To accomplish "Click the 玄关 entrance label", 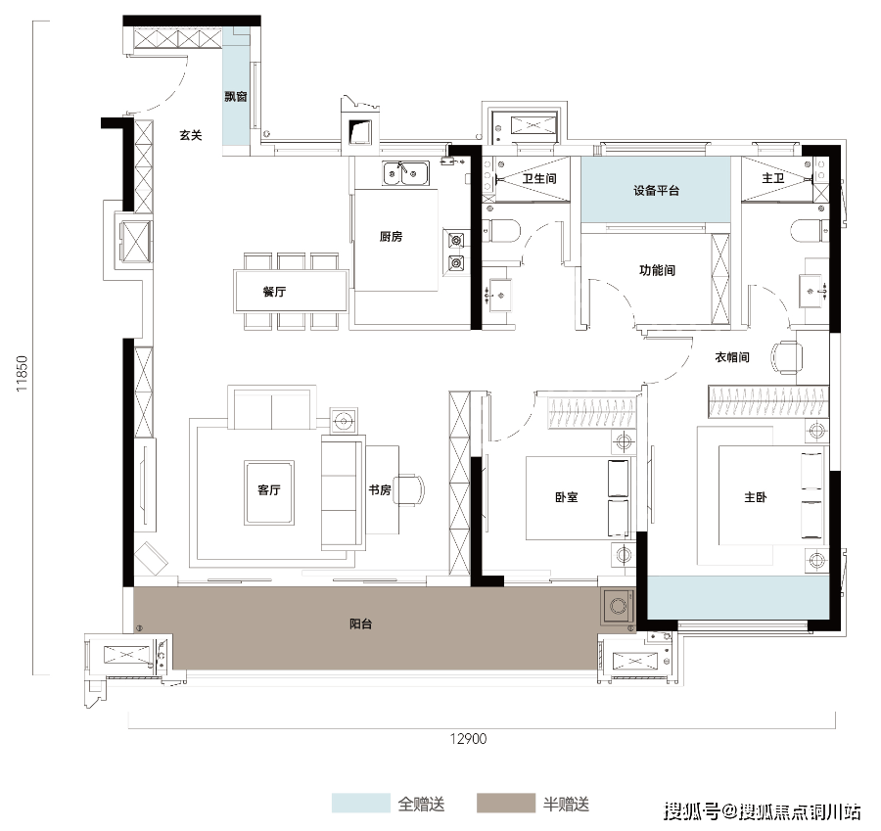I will click(x=190, y=136).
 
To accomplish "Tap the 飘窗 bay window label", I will click(x=235, y=96).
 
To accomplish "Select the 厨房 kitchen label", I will click(x=392, y=236).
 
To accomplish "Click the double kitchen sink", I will click(x=403, y=173).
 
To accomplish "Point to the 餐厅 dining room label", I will click(x=274, y=292).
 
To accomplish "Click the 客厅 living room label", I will click(x=269, y=490).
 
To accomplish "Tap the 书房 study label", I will click(x=380, y=490).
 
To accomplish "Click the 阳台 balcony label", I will click(x=361, y=623).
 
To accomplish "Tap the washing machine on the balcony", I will click(x=618, y=606).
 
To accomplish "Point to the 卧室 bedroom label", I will click(x=566, y=497).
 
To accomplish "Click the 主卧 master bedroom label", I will click(x=755, y=497).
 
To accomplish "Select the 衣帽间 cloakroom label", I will click(x=731, y=358).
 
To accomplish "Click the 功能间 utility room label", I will click(x=657, y=270).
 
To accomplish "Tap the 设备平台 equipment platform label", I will click(x=656, y=191).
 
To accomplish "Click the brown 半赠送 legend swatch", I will click(x=505, y=803).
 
